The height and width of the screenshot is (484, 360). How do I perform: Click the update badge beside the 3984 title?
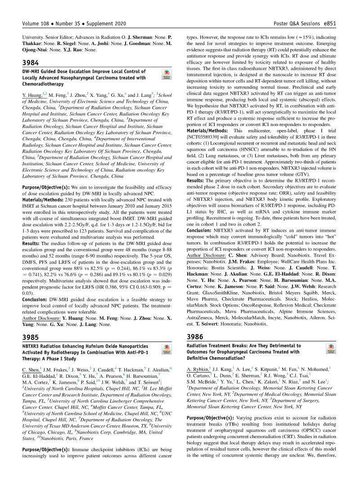166,75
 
